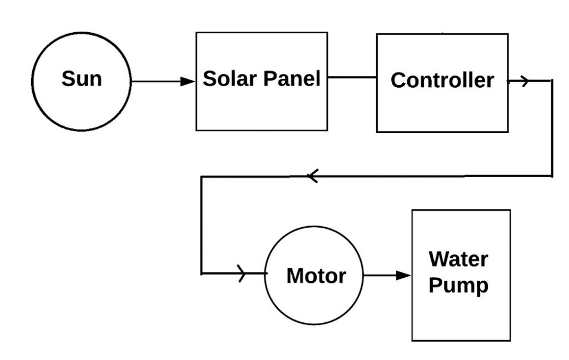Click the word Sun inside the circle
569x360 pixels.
pos(82,79)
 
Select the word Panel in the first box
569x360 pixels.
pos(291,79)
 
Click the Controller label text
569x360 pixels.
pos(442,81)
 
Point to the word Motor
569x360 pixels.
pos(316,276)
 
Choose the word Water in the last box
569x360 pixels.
pos(458,259)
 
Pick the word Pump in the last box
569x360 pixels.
pos(458,286)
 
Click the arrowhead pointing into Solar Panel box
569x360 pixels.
pos(188,81)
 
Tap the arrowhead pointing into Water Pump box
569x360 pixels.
pos(404,275)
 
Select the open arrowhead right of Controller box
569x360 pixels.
pos(525,81)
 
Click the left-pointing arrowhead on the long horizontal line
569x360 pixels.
pos(312,177)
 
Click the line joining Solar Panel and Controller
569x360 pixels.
pos(352,77)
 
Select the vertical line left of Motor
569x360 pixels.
pos(202,225)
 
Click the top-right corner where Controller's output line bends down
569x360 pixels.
pos(552,81)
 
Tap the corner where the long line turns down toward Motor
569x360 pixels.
pos(202,177)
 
